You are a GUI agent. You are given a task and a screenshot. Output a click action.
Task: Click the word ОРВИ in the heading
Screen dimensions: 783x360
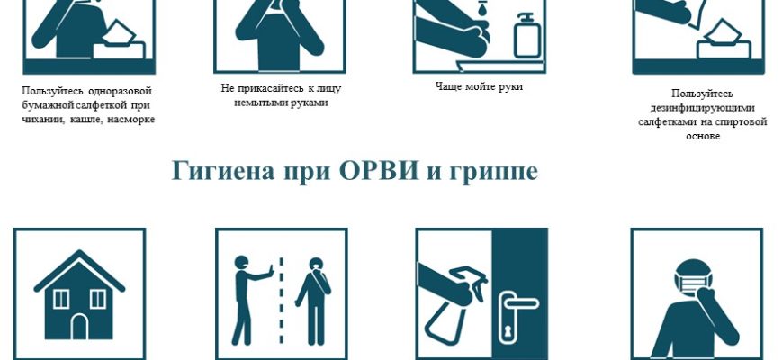[x=378, y=171]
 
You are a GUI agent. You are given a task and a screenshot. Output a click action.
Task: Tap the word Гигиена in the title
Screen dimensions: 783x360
[x=222, y=171]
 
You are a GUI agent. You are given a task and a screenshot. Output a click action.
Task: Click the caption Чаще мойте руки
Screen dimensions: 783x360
[x=479, y=86]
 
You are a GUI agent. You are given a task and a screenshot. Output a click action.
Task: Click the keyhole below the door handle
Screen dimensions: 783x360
[x=508, y=331]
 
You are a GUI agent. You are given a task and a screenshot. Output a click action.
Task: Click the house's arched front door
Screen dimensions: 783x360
[x=80, y=327]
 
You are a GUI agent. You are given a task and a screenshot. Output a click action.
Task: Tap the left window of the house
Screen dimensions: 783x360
[x=61, y=299]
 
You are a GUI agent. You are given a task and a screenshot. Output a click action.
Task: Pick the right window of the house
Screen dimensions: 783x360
[x=98, y=299]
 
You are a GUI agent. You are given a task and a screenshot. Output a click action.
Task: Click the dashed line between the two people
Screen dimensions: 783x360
[x=281, y=301]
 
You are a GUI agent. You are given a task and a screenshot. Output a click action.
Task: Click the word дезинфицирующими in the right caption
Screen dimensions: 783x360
[x=702, y=108]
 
